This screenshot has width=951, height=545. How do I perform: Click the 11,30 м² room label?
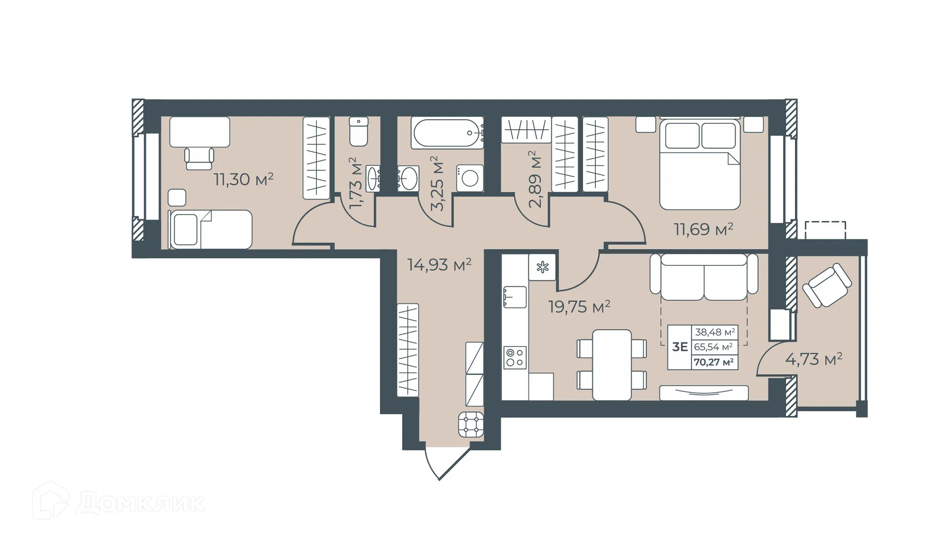[x=243, y=179]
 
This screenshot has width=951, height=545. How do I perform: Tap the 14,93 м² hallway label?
[x=439, y=265]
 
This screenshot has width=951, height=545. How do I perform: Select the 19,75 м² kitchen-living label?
[x=579, y=307]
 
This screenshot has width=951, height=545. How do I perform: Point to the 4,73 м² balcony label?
[x=814, y=359]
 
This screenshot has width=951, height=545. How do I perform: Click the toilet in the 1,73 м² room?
[x=359, y=132]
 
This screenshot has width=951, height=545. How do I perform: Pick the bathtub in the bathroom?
[x=447, y=133]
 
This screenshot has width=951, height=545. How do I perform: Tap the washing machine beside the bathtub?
[x=470, y=178]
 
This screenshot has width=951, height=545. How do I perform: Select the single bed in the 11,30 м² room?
[x=211, y=229]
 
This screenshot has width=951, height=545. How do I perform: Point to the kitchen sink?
[x=515, y=297]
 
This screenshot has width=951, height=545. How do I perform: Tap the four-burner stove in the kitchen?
[x=515, y=358]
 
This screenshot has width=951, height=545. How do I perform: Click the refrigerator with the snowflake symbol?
[x=542, y=268]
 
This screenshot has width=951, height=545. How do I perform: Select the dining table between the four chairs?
[x=612, y=365]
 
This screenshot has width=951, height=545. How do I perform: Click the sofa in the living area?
[x=703, y=278]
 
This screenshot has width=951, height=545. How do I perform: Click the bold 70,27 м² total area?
[x=714, y=362]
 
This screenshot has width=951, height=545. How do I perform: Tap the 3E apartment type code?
[x=680, y=347]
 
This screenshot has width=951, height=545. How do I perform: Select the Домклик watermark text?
[x=141, y=504]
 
